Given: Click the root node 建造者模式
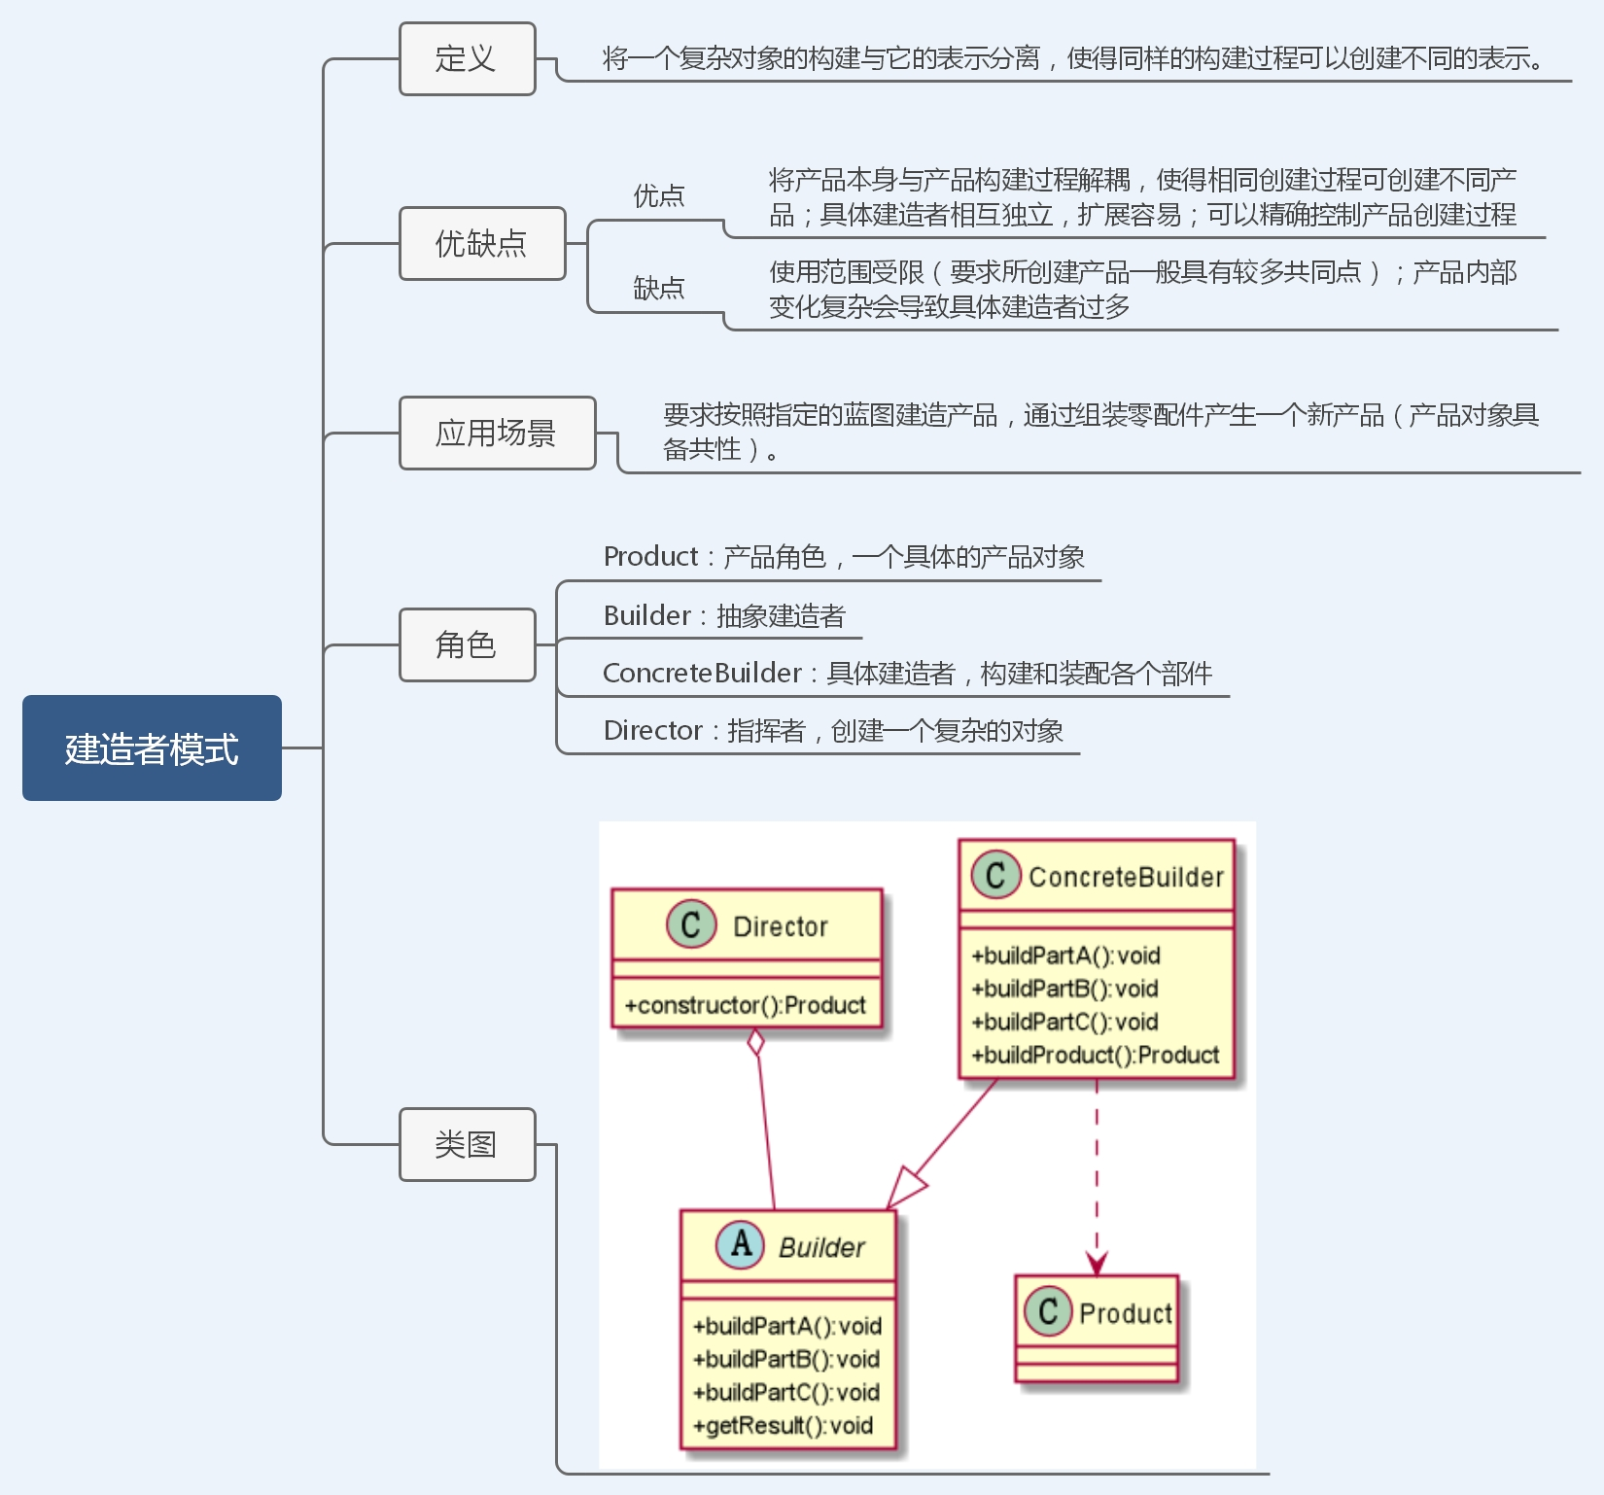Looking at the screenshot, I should coord(152,747).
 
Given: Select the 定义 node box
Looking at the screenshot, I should coord(467,59).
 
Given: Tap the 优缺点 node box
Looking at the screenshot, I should coord(482,243).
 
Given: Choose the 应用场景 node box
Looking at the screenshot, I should coord(497,433).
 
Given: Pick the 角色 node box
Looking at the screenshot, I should coord(467,644).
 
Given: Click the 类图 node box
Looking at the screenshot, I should coord(467,1144).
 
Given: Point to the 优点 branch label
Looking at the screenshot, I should coord(659,195).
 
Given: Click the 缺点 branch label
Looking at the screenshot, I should coord(659,288).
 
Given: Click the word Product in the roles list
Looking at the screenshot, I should coord(650,557).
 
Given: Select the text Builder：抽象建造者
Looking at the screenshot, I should coord(724,615).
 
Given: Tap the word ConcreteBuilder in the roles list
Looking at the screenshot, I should coord(702,673).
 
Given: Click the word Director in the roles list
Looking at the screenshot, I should coord(652,730).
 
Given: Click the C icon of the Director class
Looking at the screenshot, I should coord(691,924).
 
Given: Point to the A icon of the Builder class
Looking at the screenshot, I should coord(741,1243).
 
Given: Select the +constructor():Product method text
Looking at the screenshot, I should coord(745,1005).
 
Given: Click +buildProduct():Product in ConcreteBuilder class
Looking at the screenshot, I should coord(1096,1055).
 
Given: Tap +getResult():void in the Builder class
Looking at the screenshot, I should coord(783,1425).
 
